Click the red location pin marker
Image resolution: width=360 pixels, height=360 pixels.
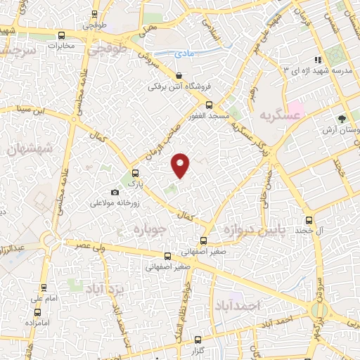coord(181,165)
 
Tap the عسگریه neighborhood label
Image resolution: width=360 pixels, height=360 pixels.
coord(268,114)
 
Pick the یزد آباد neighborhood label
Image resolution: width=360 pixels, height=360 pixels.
coord(105,288)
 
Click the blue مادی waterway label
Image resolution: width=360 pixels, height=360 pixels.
coord(185,52)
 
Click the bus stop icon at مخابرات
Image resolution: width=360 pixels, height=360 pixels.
coord(62,35)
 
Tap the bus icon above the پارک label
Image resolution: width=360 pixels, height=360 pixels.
coord(136,172)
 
